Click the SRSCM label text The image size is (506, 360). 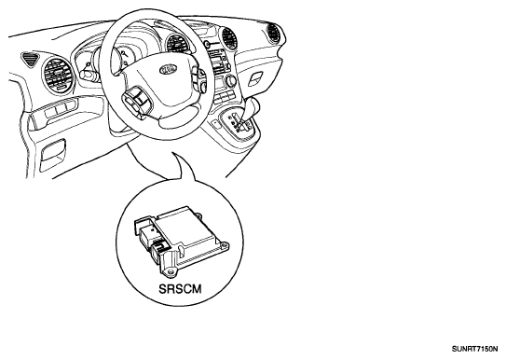(180, 288)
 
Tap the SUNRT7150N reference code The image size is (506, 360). (474, 350)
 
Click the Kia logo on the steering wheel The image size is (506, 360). (169, 69)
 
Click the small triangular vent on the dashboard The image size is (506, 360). (30, 59)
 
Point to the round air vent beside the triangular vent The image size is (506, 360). (58, 76)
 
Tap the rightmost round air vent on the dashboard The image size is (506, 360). (274, 32)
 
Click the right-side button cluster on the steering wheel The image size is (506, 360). (199, 78)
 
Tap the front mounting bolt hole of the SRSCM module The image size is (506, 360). (170, 272)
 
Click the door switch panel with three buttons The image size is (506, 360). (59, 110)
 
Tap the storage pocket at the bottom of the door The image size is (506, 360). (52, 156)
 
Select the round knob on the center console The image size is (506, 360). (231, 79)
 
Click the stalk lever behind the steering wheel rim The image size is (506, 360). (88, 75)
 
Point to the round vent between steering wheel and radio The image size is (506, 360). (177, 45)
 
